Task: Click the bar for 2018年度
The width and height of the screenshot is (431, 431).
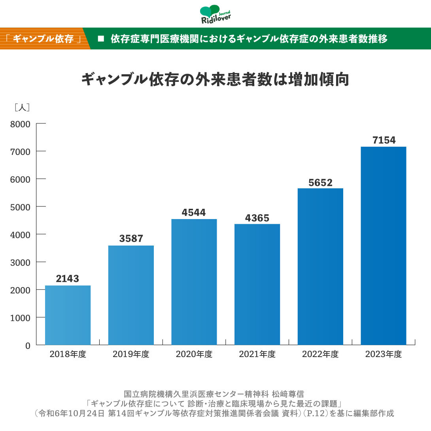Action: [x=68, y=315]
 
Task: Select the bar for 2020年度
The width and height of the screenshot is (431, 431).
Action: [x=194, y=282]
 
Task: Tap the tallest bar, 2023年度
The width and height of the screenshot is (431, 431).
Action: [x=383, y=246]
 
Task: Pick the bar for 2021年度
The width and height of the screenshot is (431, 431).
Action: [x=257, y=284]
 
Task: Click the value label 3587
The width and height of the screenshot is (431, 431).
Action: [x=131, y=239]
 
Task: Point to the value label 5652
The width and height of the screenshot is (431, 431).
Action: [x=320, y=183]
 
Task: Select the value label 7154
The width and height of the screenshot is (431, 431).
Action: [x=384, y=140]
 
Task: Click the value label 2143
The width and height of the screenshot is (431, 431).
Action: [x=68, y=279]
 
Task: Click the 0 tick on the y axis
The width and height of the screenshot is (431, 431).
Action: [x=27, y=345]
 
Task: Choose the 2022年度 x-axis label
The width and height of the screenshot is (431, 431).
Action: [x=320, y=354]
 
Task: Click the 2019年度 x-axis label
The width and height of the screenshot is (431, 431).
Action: [x=131, y=354]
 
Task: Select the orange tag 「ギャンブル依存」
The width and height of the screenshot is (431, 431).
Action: [x=43, y=39]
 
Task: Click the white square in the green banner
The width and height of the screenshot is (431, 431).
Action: [x=100, y=39]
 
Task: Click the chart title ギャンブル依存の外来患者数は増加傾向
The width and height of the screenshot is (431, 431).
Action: [x=215, y=79]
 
